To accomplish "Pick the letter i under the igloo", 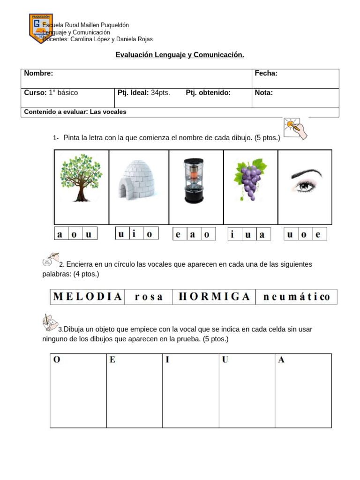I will [x=135, y=233].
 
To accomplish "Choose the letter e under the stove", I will [x=178, y=234].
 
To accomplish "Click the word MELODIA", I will [x=88, y=297].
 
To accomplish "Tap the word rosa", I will [x=149, y=297].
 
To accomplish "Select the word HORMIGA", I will [x=214, y=297].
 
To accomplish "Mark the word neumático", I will [x=296, y=297].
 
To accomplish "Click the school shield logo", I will [x=41, y=28].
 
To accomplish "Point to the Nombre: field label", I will [x=38, y=73].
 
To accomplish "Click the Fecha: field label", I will [x=266, y=73].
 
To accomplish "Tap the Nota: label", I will [x=264, y=93].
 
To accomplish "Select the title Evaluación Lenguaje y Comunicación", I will [x=180, y=55].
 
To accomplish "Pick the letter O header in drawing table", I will [x=57, y=360].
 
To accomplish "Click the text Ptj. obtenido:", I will [x=208, y=93].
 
